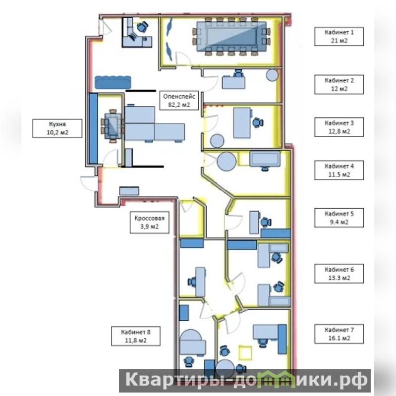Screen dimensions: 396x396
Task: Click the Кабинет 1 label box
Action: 339,37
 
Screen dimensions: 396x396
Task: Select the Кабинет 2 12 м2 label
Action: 339,84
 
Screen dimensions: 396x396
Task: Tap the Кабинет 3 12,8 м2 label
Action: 339,127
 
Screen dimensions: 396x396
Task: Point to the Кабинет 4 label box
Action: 339,170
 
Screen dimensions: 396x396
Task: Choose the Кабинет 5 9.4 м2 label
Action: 339,218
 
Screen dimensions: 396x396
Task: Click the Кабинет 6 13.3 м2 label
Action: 339,274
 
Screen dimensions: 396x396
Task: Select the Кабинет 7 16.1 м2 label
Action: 339,334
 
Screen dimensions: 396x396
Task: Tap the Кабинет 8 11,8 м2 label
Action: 136,336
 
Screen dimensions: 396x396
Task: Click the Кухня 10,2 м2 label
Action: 57,128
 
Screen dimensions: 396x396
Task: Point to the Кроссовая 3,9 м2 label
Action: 150,222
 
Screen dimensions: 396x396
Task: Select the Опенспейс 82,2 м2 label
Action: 179,100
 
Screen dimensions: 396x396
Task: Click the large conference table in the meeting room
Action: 231,37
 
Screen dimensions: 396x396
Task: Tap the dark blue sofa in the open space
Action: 113,82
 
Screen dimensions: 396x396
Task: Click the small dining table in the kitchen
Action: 113,126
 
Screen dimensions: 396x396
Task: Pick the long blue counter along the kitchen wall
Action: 93,129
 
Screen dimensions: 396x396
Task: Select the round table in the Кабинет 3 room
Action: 217,141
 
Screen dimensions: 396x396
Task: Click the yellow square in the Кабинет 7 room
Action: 245,353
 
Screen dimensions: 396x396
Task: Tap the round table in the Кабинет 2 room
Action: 272,75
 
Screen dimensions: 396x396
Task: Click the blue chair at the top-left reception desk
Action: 142,27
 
